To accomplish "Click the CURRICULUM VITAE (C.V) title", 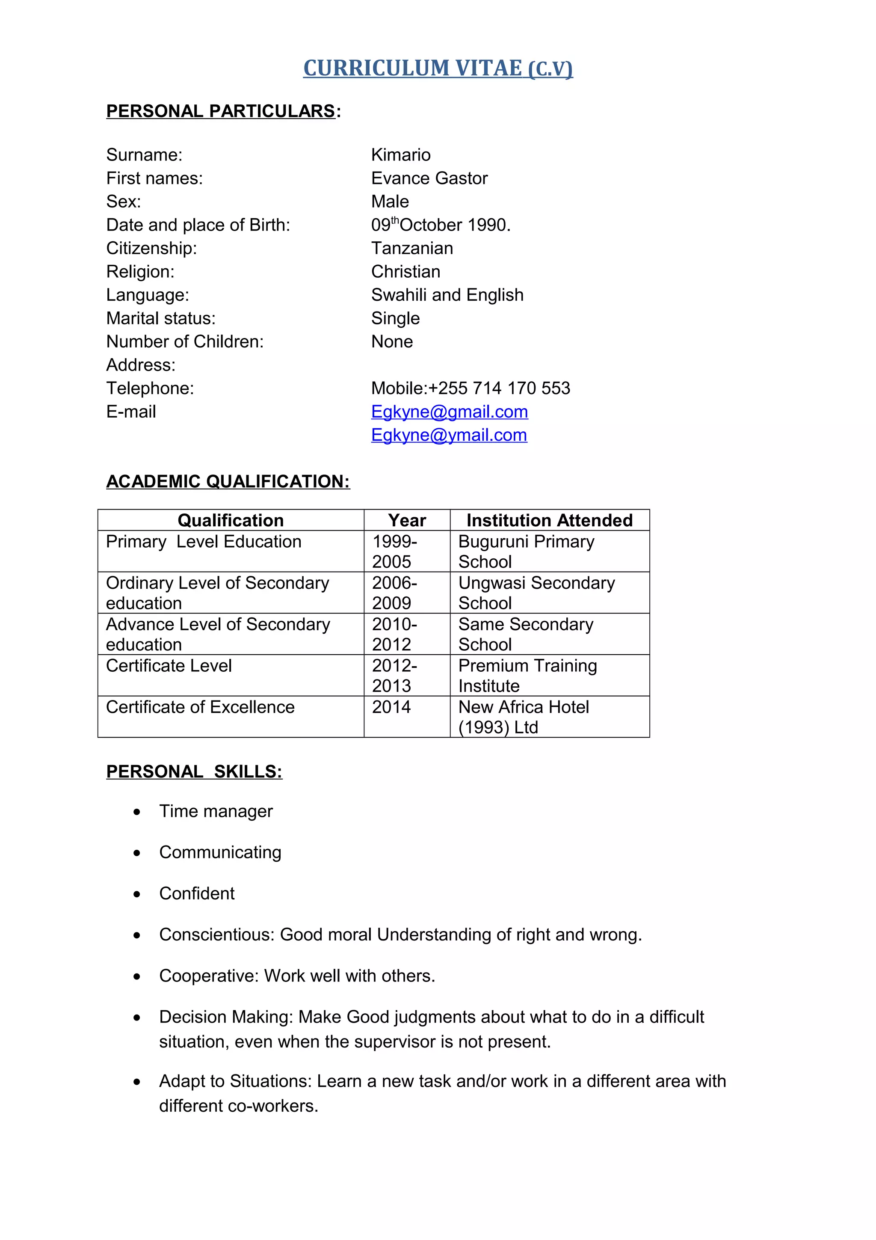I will pos(438,68).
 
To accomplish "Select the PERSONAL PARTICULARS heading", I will pos(221,111).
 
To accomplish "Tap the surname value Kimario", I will pos(400,155).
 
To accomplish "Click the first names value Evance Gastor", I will pos(429,178).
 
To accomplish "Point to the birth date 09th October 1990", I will pos(441,225).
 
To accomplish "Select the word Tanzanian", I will pos(412,249).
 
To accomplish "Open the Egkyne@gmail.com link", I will pos(449,412).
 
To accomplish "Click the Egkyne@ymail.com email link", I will pos(449,435).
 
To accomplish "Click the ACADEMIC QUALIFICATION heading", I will pos(228,482).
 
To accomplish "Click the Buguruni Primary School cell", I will pos(526,552).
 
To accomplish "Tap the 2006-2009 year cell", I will pos(394,593).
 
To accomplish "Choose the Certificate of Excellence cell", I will pos(200,707).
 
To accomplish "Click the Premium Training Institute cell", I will pos(527,676).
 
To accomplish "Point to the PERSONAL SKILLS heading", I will pos(194,772).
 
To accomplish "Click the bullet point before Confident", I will pos(137,894).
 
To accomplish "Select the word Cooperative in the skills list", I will pos(208,976).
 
